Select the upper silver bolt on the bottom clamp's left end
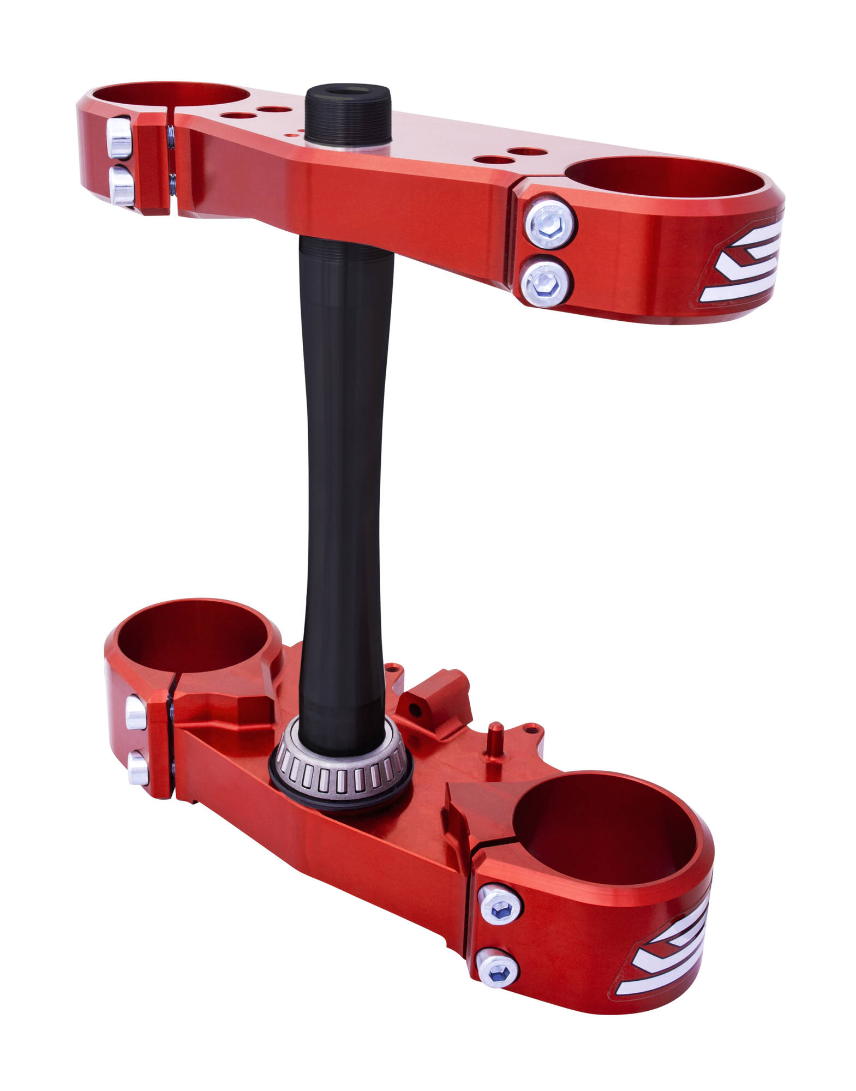(136, 713)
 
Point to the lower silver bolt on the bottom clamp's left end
(138, 768)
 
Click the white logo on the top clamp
(742, 262)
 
